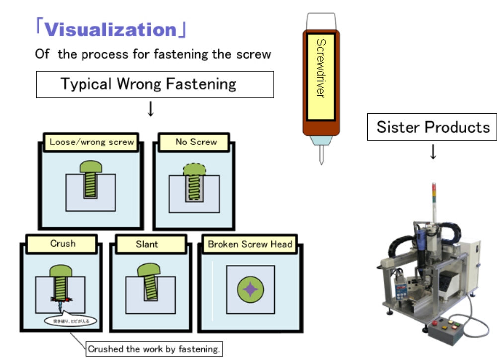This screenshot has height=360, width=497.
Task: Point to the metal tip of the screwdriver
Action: tap(321, 154)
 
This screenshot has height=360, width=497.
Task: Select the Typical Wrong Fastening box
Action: tap(155, 84)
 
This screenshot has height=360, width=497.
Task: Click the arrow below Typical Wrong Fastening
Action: tap(150, 110)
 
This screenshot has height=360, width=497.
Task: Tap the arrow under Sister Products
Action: tap(433, 152)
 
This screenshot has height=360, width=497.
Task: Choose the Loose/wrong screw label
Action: tap(91, 142)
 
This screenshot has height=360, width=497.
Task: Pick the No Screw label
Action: tap(196, 142)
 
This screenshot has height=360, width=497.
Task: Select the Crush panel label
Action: tap(63, 244)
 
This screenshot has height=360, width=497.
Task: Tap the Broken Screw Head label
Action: tap(249, 244)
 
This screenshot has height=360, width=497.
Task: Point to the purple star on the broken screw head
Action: tap(250, 289)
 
